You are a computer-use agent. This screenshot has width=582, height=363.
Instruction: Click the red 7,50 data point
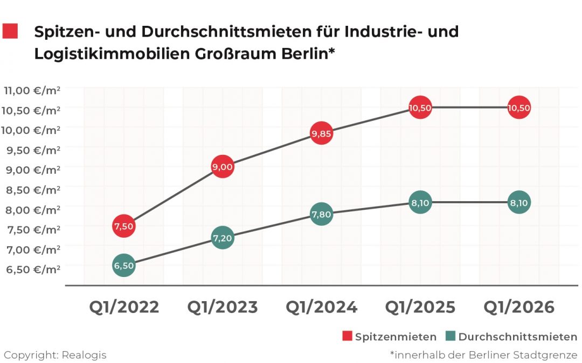click(124, 226)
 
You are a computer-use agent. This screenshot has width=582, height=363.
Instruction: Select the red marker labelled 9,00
click(223, 167)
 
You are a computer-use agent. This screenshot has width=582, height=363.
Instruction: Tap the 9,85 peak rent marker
click(321, 134)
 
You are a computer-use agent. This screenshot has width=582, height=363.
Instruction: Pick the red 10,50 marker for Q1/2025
click(420, 108)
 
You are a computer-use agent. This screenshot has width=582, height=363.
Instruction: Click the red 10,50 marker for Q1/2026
click(519, 108)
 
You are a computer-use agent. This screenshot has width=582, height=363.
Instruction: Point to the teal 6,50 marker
click(124, 266)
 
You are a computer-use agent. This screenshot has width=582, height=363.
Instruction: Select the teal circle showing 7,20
click(223, 237)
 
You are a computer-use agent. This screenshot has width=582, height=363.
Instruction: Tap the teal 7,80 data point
click(321, 214)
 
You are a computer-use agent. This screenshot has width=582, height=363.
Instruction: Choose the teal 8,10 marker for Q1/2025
click(420, 203)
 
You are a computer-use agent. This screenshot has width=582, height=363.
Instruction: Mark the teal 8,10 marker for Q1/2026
click(519, 203)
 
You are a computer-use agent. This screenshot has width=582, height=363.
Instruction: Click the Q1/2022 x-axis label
click(124, 307)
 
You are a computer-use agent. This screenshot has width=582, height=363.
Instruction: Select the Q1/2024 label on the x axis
click(321, 307)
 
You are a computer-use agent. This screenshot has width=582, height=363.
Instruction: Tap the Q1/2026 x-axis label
click(519, 307)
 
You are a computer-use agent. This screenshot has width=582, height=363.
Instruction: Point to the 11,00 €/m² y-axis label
click(32, 90)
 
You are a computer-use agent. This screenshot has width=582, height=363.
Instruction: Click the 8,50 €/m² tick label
click(32, 190)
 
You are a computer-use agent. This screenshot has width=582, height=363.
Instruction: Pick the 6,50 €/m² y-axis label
click(32, 269)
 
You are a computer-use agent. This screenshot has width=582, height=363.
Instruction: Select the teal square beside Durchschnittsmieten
click(451, 337)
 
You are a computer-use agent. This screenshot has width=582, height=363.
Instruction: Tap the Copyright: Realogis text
click(55, 355)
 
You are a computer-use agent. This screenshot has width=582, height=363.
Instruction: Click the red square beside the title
click(10, 31)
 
